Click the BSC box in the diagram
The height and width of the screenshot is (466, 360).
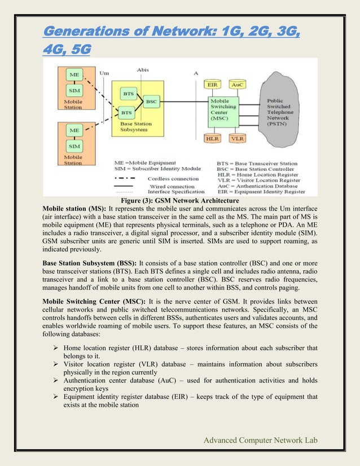[x=151, y=102]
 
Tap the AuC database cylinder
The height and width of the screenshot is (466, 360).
[x=238, y=85]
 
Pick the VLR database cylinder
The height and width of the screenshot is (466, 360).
[x=238, y=138]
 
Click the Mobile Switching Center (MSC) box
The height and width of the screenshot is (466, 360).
[x=224, y=111]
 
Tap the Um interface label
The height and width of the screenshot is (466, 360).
[x=104, y=72]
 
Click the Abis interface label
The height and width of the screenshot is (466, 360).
[x=143, y=70]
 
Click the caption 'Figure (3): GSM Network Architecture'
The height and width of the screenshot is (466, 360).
[x=181, y=200]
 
